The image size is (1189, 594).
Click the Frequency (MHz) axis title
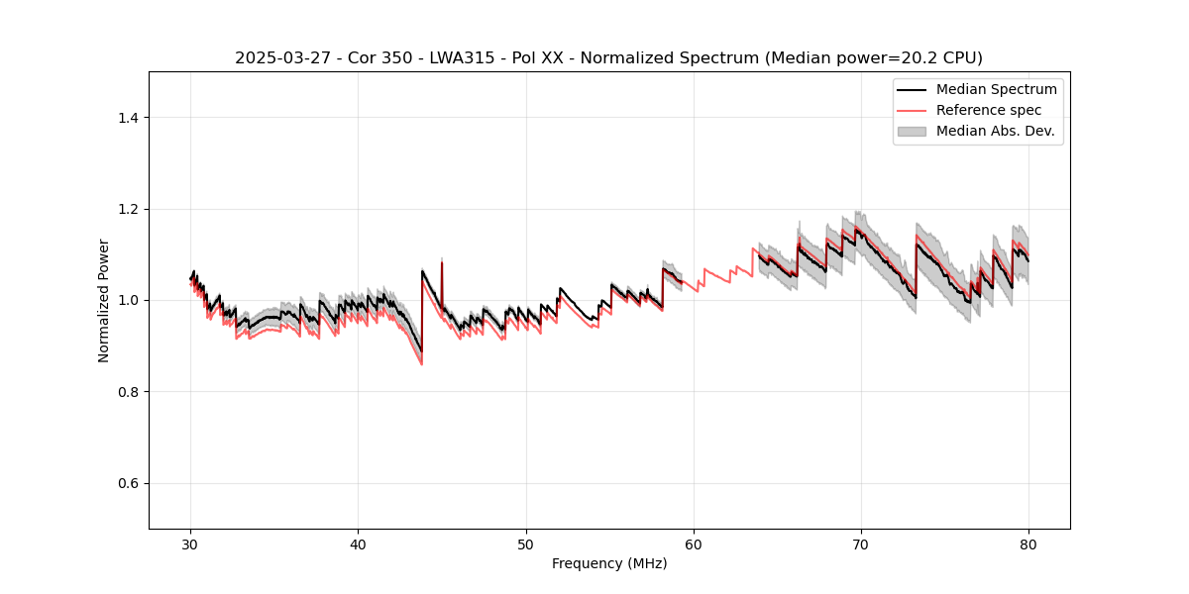[609, 563]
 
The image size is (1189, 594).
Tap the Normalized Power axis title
[104, 300]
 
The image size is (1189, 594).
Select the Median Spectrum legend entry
[996, 89]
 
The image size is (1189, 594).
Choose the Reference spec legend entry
[988, 110]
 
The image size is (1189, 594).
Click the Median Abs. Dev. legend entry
[995, 131]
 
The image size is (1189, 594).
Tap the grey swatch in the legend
[912, 131]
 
